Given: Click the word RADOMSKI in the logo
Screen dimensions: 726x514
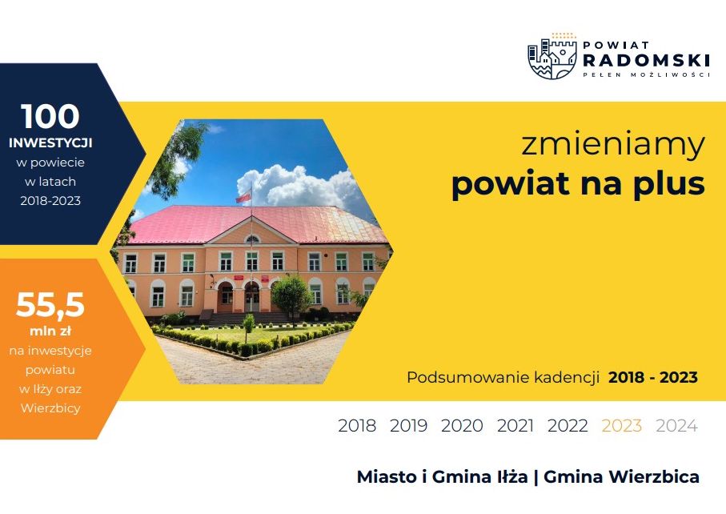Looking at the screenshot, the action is click(x=647, y=60).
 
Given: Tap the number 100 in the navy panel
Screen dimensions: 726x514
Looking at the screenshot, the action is click(x=50, y=116).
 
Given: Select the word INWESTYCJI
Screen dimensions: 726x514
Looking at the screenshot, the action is click(x=50, y=143).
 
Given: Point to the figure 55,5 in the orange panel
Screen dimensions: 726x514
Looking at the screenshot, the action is click(x=50, y=305).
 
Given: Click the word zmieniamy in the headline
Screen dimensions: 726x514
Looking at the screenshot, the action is click(x=613, y=145).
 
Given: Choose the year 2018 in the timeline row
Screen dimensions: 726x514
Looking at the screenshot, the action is click(x=357, y=426).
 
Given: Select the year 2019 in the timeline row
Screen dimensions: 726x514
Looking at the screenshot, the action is click(x=408, y=426).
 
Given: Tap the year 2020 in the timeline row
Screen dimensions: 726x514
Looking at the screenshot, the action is click(x=462, y=426).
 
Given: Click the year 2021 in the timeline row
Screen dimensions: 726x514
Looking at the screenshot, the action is click(x=515, y=426).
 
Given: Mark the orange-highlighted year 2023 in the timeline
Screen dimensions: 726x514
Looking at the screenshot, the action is click(x=621, y=426).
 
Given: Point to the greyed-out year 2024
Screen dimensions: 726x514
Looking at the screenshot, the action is click(x=676, y=426).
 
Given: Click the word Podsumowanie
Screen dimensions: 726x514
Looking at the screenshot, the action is click(x=468, y=377).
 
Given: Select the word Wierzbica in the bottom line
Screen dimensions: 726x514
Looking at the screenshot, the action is click(x=654, y=476).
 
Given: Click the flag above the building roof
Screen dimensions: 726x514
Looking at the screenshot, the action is click(x=243, y=197).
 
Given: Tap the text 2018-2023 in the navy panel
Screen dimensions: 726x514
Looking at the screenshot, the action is click(x=50, y=200).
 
